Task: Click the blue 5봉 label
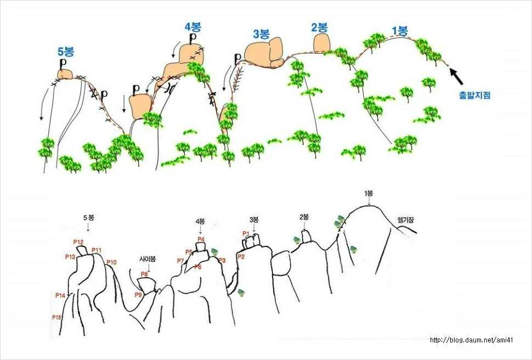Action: (x=66, y=52)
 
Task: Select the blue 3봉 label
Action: (x=261, y=34)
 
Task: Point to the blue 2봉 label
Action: (x=319, y=27)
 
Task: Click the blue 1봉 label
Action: (x=400, y=31)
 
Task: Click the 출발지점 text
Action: (x=474, y=95)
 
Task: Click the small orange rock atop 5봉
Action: (x=65, y=75)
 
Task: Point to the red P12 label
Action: (x=78, y=242)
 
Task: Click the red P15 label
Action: (x=56, y=317)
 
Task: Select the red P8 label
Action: (x=144, y=274)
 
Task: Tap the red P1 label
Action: (x=246, y=233)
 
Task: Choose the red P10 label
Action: (x=111, y=262)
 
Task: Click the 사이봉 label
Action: (x=148, y=259)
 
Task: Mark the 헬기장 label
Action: (x=405, y=220)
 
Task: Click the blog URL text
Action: (x=471, y=340)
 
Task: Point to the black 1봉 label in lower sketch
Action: (x=369, y=193)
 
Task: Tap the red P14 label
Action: (x=60, y=295)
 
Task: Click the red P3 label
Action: (x=222, y=260)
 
